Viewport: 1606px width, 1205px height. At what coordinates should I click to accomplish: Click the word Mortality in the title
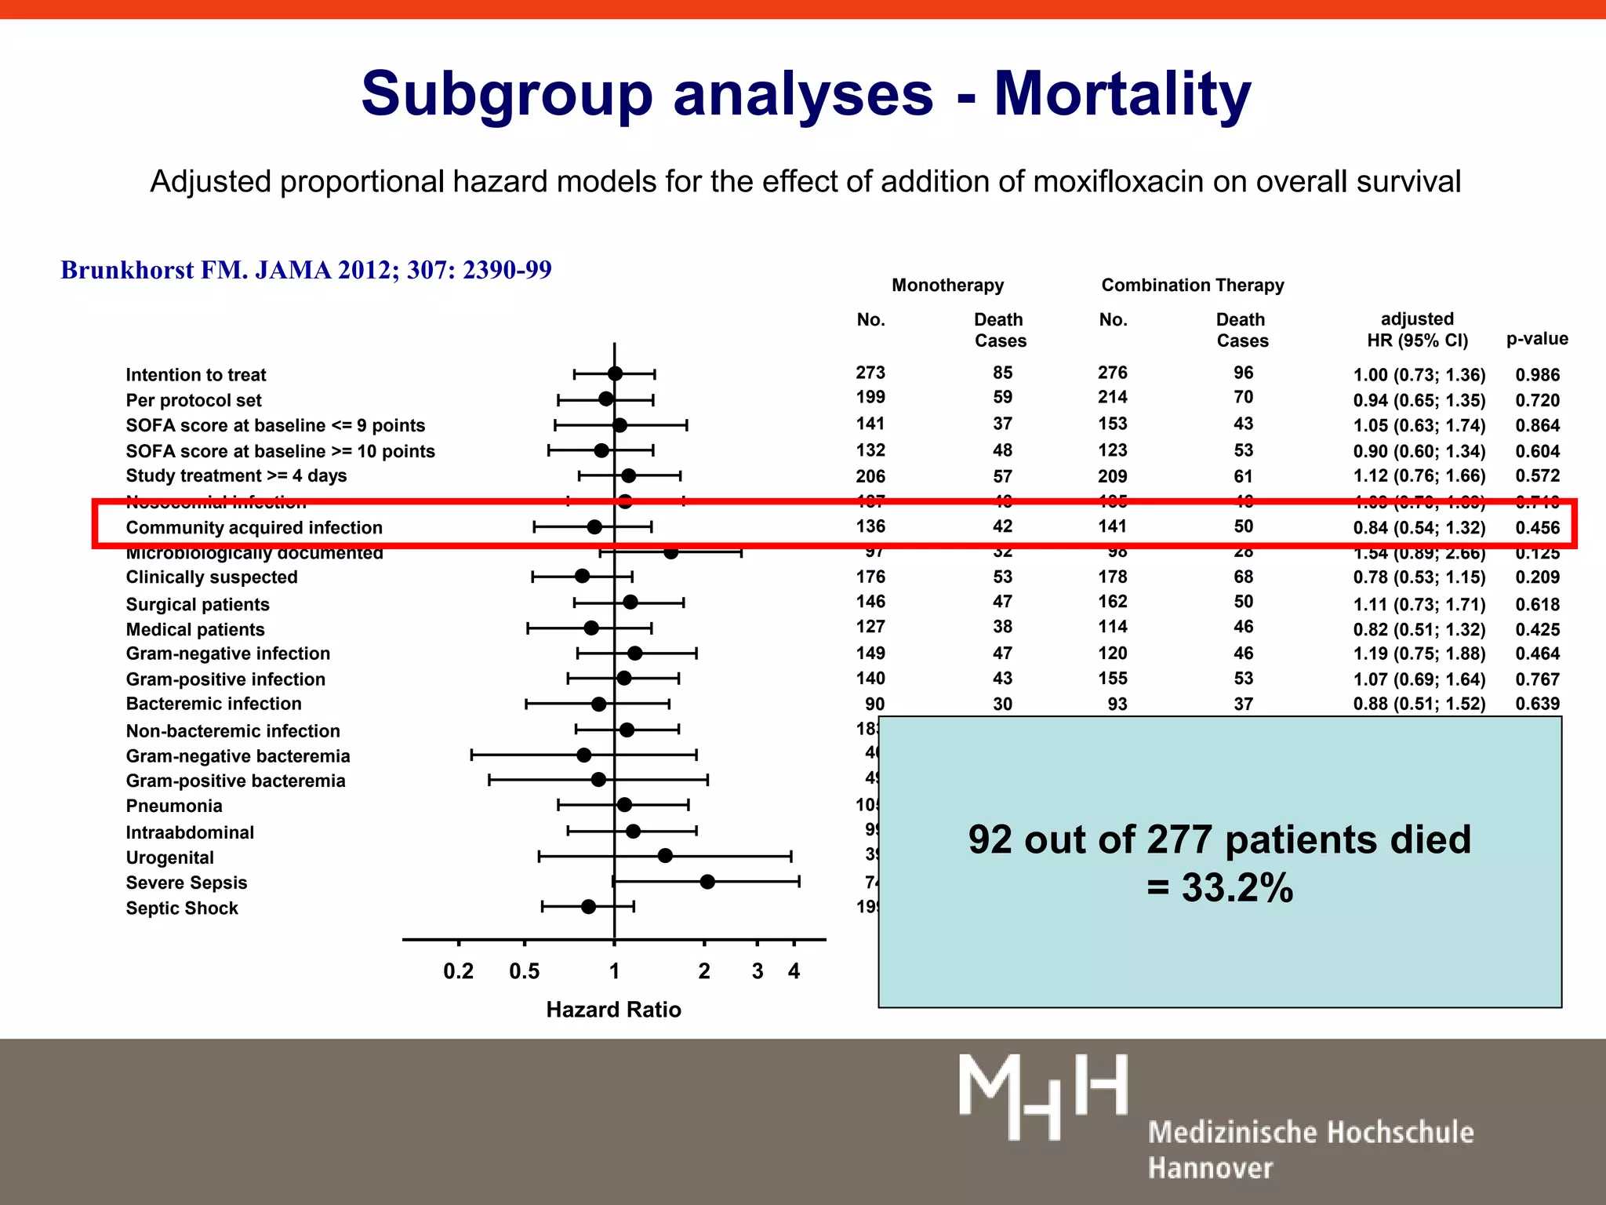[x=1122, y=93]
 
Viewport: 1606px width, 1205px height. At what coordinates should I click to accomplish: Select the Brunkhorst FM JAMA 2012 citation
[x=306, y=270]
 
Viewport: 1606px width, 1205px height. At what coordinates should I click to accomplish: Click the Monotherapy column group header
[x=947, y=285]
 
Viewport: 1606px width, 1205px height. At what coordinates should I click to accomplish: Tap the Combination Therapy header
[x=1192, y=285]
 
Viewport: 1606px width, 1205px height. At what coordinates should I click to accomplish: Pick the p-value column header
[x=1536, y=339]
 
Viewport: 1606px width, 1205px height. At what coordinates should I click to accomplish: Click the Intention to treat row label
[x=196, y=375]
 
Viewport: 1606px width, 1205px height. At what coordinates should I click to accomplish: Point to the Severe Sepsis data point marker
[x=707, y=882]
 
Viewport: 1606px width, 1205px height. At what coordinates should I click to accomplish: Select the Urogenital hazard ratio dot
[x=665, y=855]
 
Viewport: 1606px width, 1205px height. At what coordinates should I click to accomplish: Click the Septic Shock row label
[x=182, y=908]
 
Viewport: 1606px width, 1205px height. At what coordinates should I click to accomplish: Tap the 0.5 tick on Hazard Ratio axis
[x=524, y=971]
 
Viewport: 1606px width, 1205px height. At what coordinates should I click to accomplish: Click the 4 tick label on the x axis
[x=794, y=971]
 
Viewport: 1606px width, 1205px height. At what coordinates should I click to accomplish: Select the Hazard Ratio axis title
[x=613, y=1010]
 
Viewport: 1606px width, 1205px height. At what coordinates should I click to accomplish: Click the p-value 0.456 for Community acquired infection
[x=1537, y=528]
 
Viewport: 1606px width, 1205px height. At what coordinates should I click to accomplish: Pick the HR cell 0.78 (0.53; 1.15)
[x=1419, y=577]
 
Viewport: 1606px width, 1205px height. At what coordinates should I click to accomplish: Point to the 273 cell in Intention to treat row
[x=870, y=373]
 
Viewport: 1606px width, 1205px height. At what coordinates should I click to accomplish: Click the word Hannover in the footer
[x=1210, y=1168]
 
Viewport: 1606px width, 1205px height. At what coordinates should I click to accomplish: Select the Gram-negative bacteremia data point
[x=583, y=755]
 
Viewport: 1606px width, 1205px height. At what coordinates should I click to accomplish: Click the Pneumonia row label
[x=174, y=806]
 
